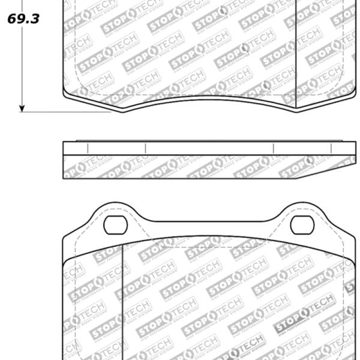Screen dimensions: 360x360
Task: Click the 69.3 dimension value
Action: [23, 19]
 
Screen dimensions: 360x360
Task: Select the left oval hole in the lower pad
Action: [115, 224]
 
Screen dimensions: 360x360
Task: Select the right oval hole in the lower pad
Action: [302, 224]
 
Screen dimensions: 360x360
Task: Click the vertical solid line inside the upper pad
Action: [296, 54]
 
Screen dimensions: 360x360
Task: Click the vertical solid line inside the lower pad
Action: [122, 300]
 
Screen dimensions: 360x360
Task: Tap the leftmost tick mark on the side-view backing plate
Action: [88, 148]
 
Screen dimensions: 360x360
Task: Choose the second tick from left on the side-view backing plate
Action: [145, 148]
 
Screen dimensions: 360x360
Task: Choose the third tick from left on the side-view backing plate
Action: [273, 148]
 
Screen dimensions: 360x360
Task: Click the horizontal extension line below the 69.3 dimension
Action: [66, 112]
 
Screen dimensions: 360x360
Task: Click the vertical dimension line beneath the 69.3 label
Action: [22, 66]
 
